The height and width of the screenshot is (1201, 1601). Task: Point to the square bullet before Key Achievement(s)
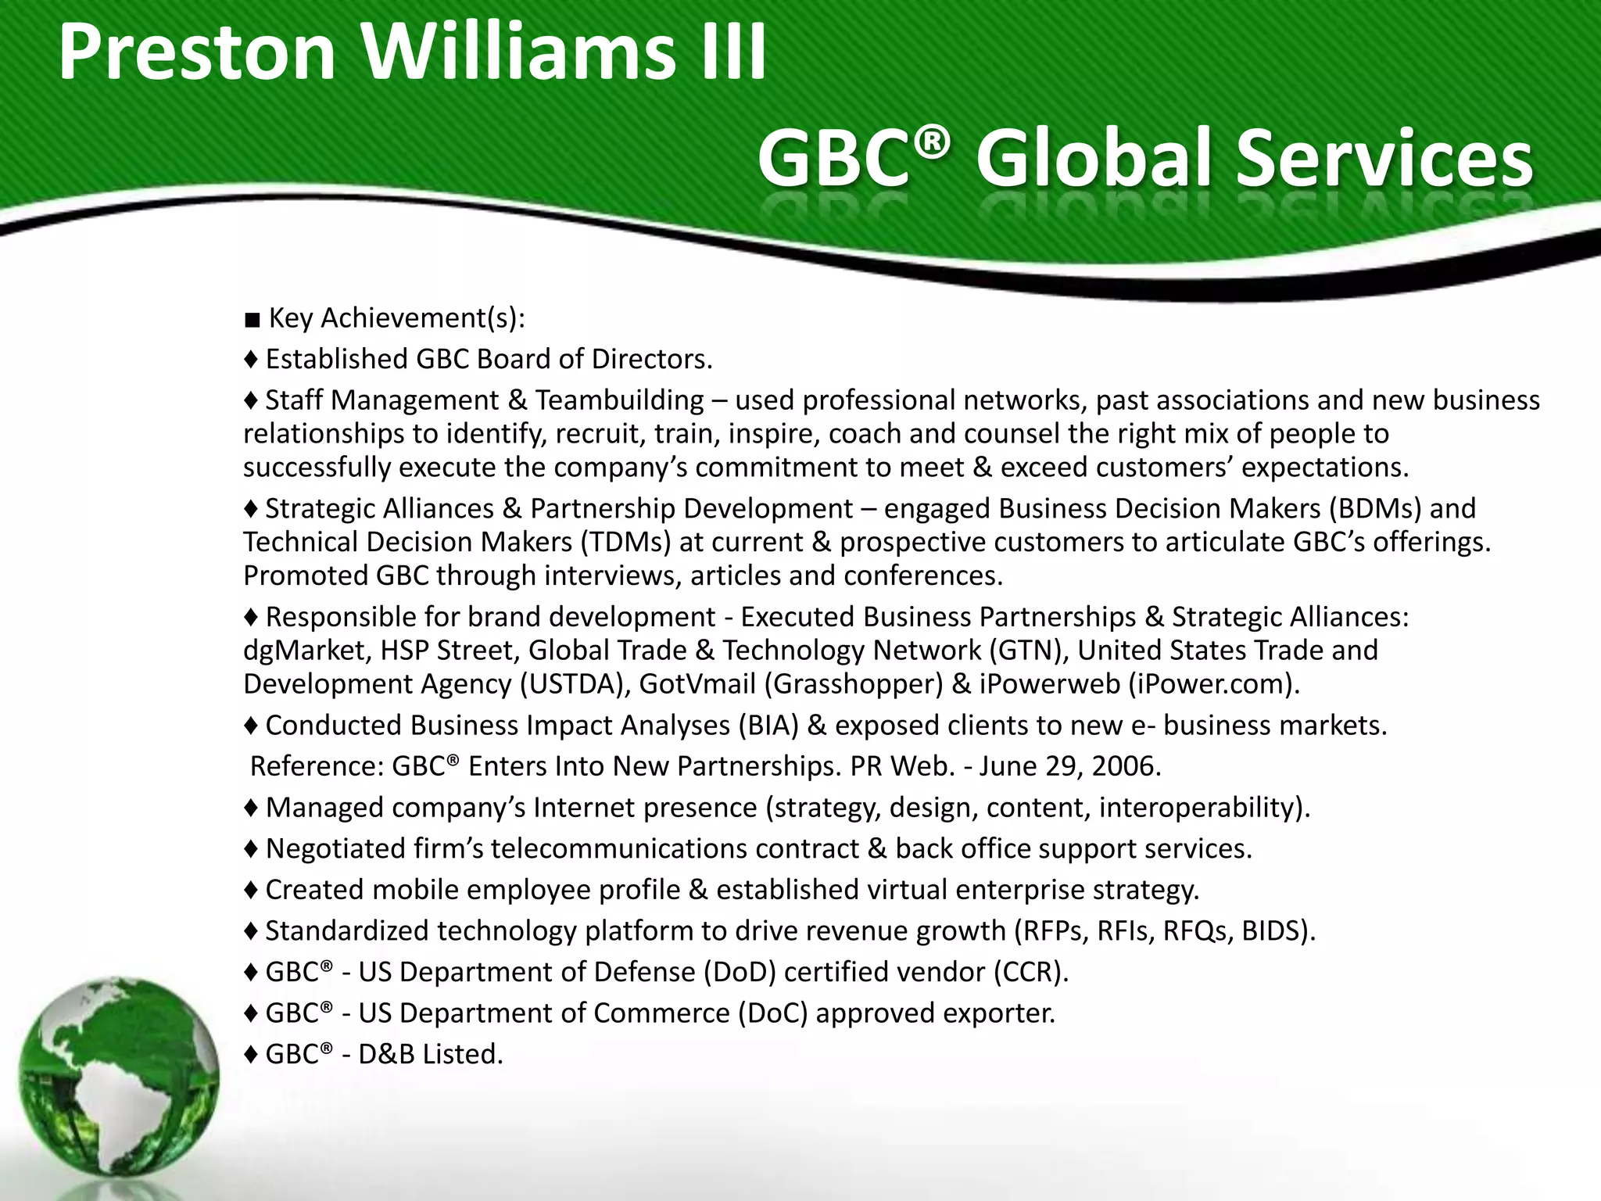(x=252, y=320)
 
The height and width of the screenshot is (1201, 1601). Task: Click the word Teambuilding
(x=619, y=400)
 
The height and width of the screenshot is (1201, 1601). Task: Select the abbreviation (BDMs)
(x=1374, y=509)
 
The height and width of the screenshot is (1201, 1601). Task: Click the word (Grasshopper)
(x=854, y=684)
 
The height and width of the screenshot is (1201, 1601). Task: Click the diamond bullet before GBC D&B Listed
(x=251, y=1055)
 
